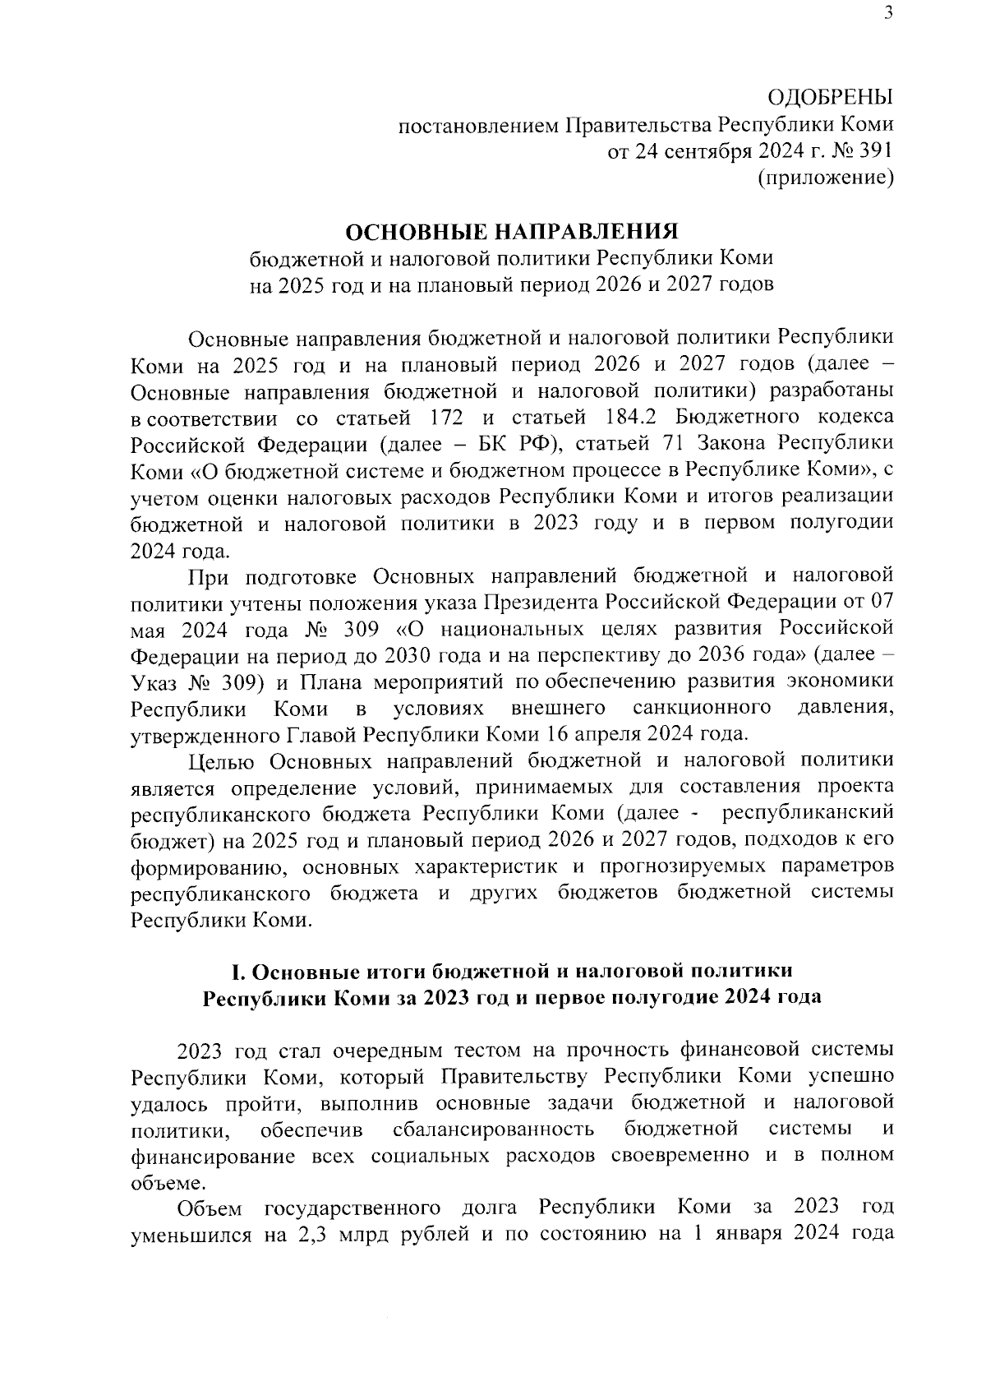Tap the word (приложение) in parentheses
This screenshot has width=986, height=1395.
825,178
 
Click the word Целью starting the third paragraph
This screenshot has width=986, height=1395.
224,760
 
